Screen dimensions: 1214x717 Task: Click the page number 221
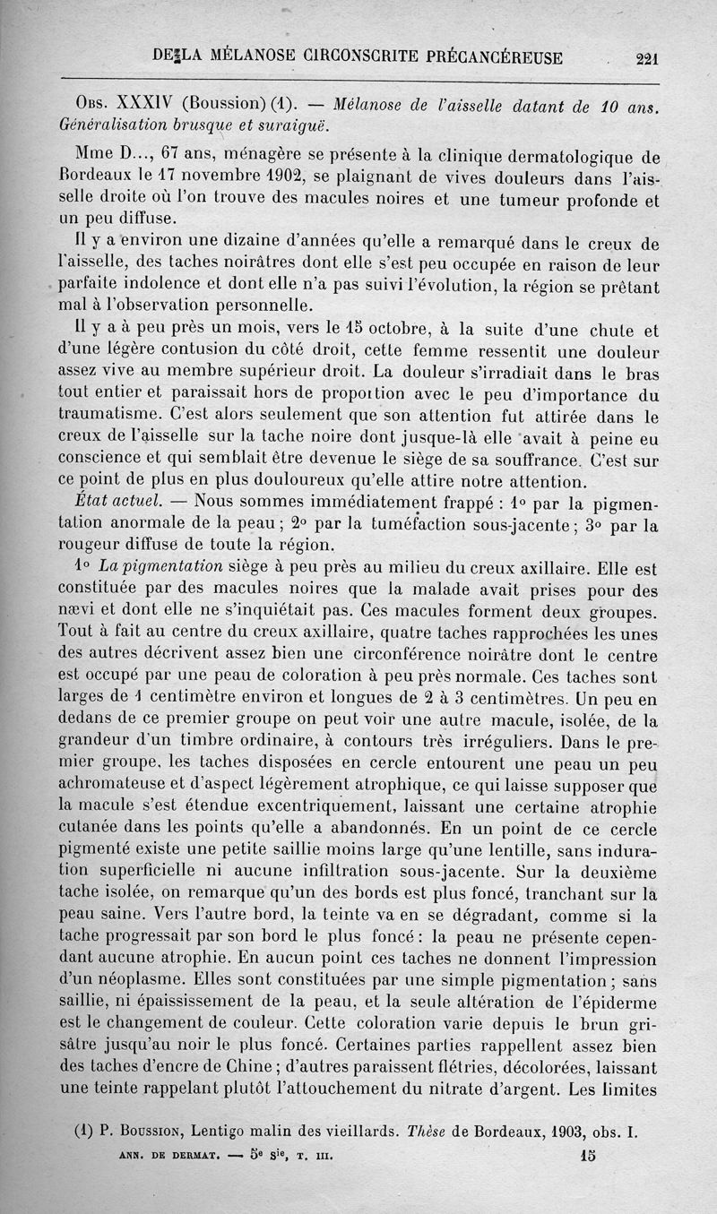(x=646, y=60)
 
